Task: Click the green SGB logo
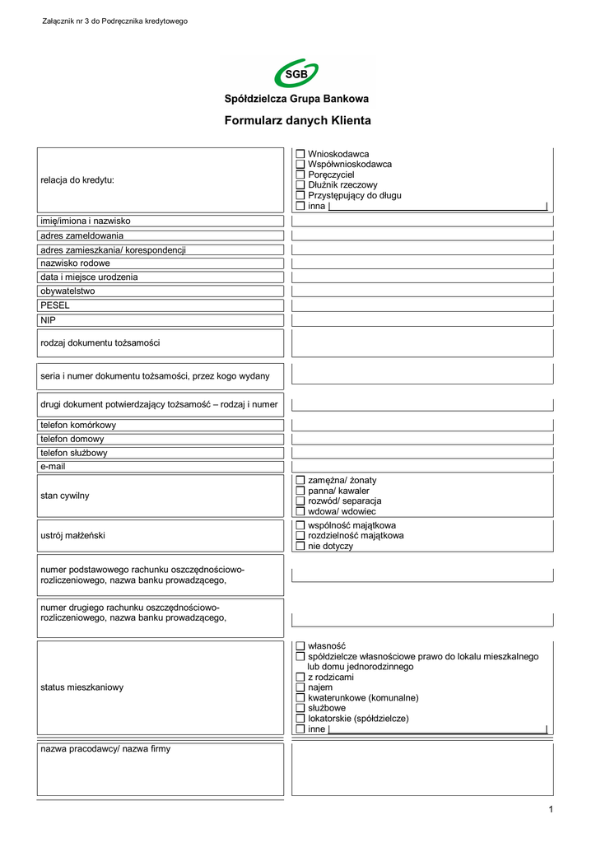click(296, 75)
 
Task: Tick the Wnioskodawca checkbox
click(300, 154)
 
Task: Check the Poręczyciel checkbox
click(300, 175)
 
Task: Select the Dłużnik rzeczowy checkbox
click(300, 185)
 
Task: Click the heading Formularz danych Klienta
click(297, 120)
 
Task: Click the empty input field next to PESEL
click(421, 305)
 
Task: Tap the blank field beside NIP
click(421, 319)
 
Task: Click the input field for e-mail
click(421, 467)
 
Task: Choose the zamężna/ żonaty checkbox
click(300, 480)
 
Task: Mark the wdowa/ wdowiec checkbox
click(300, 511)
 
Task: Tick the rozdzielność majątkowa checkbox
click(300, 535)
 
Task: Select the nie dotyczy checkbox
click(300, 546)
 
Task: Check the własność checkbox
click(300, 646)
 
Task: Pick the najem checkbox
click(300, 687)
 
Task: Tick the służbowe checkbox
click(300, 708)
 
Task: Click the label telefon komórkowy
click(78, 425)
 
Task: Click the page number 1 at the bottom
click(551, 810)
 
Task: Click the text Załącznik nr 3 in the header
click(69, 21)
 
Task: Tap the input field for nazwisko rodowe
click(421, 263)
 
